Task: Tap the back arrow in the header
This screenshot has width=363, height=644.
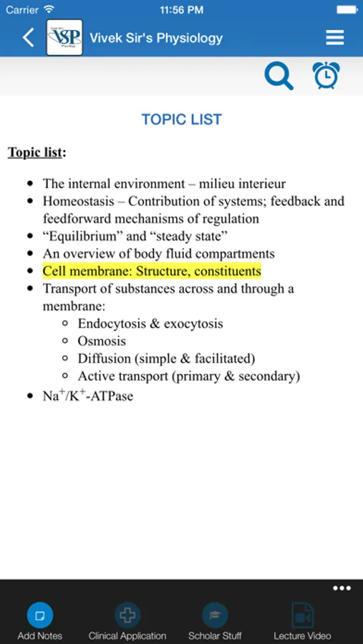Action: click(29, 38)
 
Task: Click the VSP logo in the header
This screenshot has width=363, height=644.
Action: click(64, 38)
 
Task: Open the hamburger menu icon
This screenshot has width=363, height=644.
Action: click(334, 38)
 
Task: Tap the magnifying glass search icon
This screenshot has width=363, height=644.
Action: click(279, 75)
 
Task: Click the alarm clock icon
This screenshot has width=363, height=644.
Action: click(326, 75)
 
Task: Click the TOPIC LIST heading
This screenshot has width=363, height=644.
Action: click(181, 119)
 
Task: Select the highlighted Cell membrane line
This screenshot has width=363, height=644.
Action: click(152, 271)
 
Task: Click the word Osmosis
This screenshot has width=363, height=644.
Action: click(102, 341)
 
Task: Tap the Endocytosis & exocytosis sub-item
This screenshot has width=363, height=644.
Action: click(150, 323)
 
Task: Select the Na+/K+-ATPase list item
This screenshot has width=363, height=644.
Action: click(88, 395)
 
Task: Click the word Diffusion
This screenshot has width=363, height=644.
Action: click(105, 358)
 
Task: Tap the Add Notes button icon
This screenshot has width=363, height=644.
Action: click(40, 615)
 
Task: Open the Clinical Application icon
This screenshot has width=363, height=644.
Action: click(127, 615)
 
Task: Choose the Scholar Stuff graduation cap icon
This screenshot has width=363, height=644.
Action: click(215, 615)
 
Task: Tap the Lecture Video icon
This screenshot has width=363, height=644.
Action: click(302, 615)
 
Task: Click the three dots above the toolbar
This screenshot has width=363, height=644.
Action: click(342, 588)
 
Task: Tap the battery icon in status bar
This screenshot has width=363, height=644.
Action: click(345, 10)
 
